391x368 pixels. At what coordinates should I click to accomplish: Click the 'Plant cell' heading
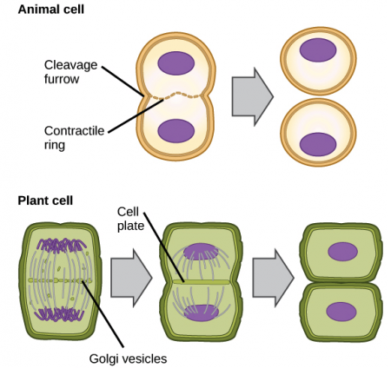click(46, 200)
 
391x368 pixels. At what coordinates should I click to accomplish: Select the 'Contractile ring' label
click(74, 136)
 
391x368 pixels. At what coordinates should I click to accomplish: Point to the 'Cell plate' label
click(129, 220)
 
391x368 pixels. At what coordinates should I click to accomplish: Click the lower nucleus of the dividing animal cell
click(177, 131)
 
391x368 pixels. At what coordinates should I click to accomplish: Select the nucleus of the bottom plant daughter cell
click(341, 311)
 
